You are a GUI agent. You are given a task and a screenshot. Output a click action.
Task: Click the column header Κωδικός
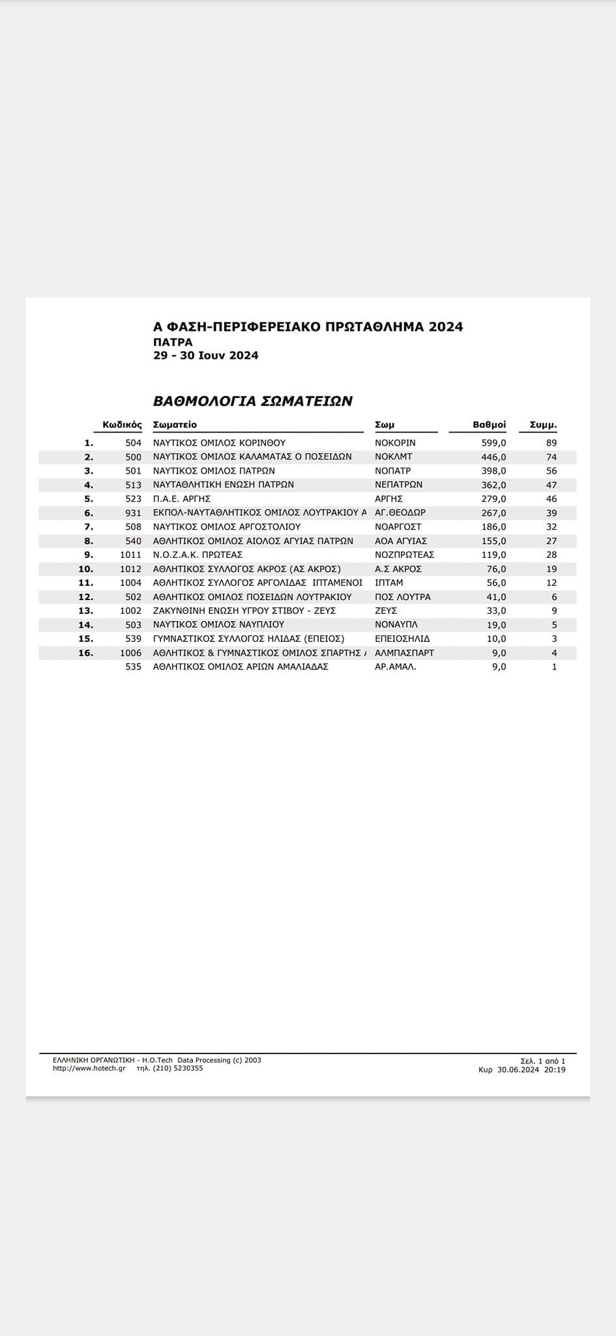[x=122, y=425]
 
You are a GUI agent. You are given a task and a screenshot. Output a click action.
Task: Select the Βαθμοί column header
[x=489, y=425]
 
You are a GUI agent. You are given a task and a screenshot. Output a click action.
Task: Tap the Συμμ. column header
[x=543, y=425]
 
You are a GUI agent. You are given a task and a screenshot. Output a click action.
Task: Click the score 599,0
[x=493, y=442]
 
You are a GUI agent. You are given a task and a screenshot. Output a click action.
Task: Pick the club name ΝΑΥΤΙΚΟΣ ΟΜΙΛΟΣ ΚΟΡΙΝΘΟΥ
[x=219, y=442]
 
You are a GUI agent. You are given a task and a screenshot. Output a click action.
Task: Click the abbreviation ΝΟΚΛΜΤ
[x=394, y=457]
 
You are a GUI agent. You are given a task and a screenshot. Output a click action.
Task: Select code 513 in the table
[x=133, y=485]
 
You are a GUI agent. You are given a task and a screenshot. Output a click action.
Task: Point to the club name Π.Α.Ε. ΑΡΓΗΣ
[x=182, y=498]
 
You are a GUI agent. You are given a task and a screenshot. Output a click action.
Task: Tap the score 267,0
[x=493, y=513]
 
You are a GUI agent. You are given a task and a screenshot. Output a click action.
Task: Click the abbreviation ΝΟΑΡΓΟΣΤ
[x=398, y=526]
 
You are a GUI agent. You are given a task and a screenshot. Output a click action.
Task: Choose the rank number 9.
[x=89, y=554]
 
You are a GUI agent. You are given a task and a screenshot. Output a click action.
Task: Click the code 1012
[x=130, y=569]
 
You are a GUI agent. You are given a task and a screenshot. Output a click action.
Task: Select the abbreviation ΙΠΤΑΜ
[x=389, y=583]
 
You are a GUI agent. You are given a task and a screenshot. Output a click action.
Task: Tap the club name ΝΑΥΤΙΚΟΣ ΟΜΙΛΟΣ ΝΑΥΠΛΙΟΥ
[x=218, y=624]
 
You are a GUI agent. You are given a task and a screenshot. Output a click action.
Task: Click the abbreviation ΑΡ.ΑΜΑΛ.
[x=396, y=667]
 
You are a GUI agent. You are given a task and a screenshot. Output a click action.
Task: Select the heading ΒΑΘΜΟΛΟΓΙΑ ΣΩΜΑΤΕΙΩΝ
[x=253, y=401]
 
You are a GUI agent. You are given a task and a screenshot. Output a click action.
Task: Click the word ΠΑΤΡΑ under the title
[x=173, y=342]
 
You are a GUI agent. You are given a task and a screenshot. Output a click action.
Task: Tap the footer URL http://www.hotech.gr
[x=89, y=1069]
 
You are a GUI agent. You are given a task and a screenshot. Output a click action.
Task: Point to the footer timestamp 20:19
[x=555, y=1070]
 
